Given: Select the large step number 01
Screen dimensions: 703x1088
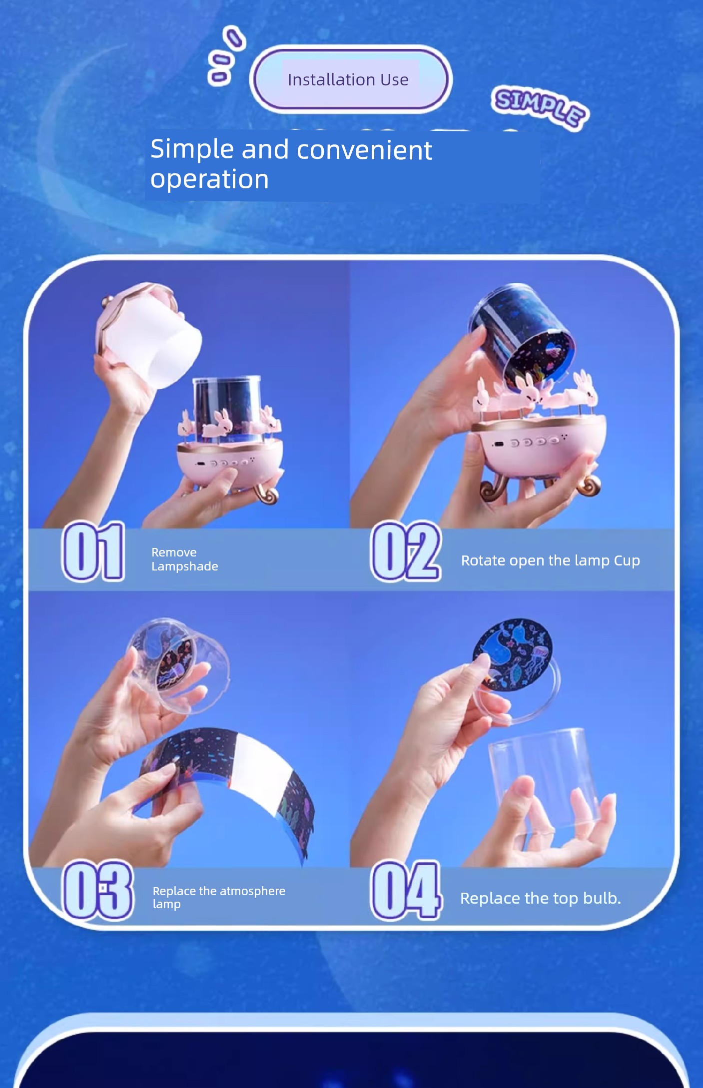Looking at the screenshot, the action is [x=93, y=551].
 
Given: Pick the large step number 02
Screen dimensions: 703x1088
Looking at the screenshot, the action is [x=405, y=551].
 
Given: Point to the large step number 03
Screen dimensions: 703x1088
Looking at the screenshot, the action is [x=98, y=890].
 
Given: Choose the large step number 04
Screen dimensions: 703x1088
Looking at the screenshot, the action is [x=406, y=890].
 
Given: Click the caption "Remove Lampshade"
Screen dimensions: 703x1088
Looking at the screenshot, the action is [x=185, y=559].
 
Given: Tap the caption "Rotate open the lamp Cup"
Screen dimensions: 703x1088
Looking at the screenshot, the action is [x=550, y=560].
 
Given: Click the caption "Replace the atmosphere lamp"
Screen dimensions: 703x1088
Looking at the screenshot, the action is [x=219, y=897].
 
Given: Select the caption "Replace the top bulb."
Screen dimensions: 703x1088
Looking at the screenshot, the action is [x=540, y=898].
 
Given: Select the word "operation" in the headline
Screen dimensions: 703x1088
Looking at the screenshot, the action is [x=210, y=180].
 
